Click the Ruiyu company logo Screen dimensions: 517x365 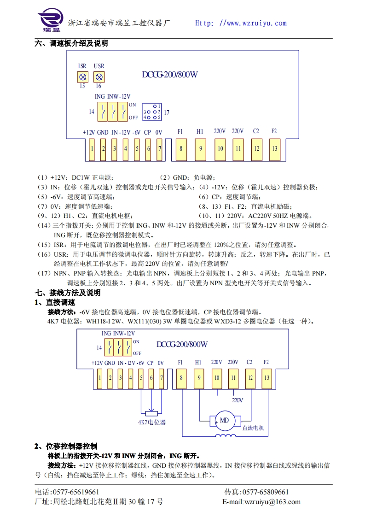pos(49,21)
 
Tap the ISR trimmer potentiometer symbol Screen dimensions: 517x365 pos(82,76)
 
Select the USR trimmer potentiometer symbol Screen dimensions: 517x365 pos(98,76)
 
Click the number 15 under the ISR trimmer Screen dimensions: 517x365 pos(82,86)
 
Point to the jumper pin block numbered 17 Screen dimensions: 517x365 pos(152,112)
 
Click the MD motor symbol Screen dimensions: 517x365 pos(224,420)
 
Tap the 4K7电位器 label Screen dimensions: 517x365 pos(152,422)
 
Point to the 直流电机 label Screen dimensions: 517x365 pos(254,428)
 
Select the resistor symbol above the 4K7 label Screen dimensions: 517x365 pos(151,413)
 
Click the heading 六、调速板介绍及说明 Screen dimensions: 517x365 pos(71,44)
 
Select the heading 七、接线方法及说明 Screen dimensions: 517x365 pos(68,293)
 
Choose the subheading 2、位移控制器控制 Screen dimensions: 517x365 pos(66,446)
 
